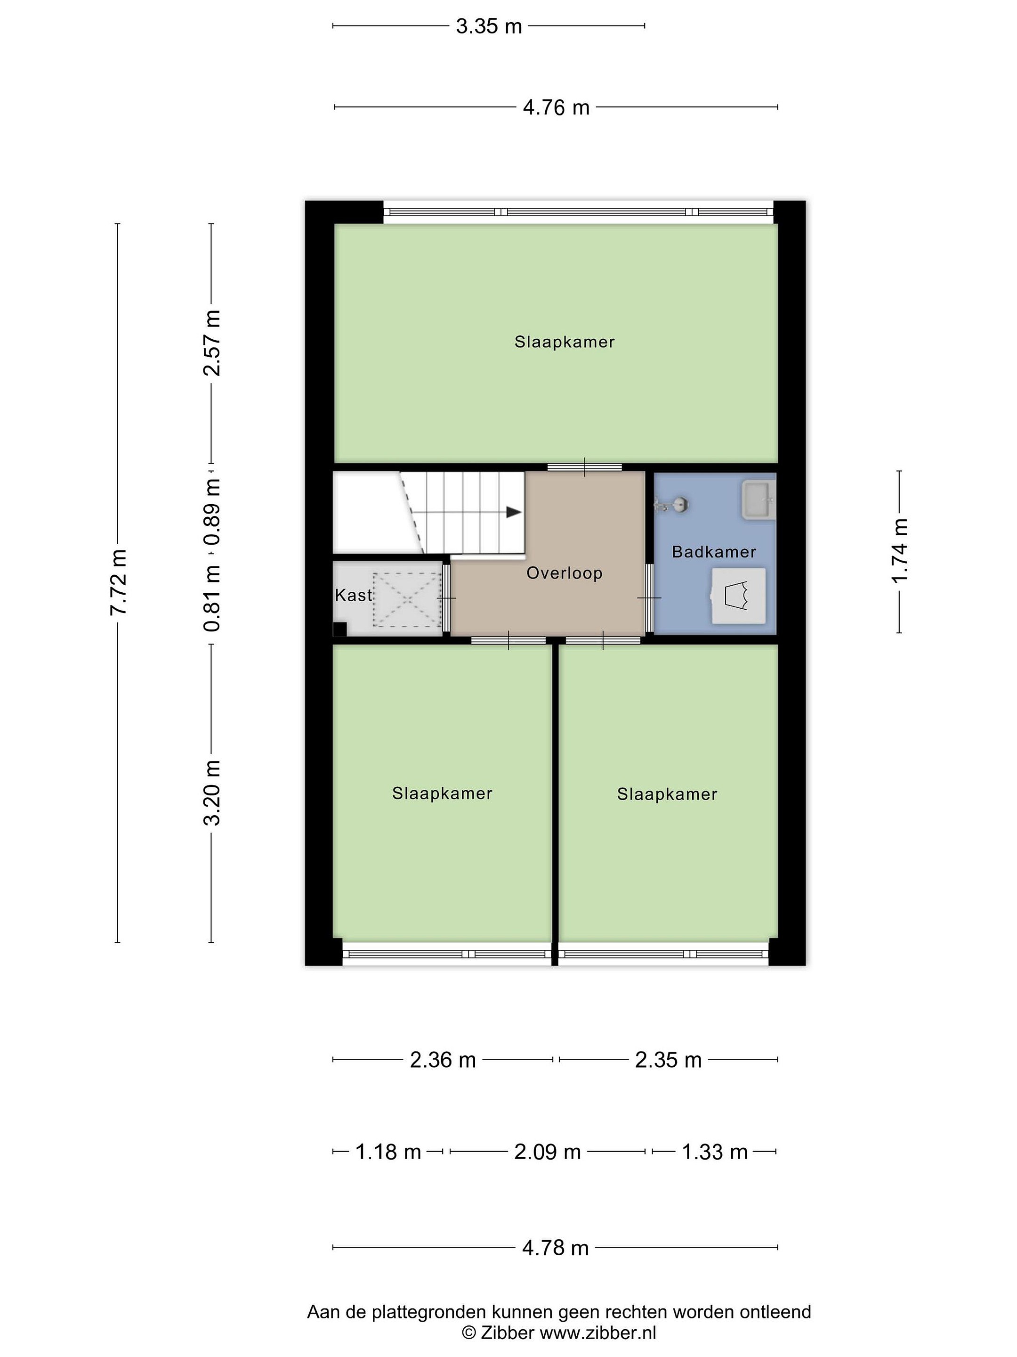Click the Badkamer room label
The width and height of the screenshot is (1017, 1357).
pyautogui.click(x=714, y=551)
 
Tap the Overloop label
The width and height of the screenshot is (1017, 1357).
pyautogui.click(x=565, y=573)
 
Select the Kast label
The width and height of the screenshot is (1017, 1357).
pyautogui.click(x=354, y=595)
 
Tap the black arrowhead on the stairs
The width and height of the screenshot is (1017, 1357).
pyautogui.click(x=514, y=512)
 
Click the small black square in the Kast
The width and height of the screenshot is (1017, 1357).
pyautogui.click(x=339, y=629)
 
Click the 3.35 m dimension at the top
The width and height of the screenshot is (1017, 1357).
pyautogui.click(x=489, y=26)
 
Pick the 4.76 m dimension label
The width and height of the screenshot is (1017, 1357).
pyautogui.click(x=556, y=108)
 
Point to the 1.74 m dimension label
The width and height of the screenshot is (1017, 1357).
pyautogui.click(x=899, y=551)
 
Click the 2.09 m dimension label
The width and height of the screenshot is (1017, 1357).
pyautogui.click(x=548, y=1152)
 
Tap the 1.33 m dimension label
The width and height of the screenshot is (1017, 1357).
pyautogui.click(x=715, y=1152)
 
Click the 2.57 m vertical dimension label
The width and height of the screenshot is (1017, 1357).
pyautogui.click(x=212, y=343)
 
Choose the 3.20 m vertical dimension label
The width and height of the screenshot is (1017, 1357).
pyautogui.click(x=212, y=793)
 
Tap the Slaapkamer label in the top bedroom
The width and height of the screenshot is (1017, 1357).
pyautogui.click(x=565, y=342)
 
